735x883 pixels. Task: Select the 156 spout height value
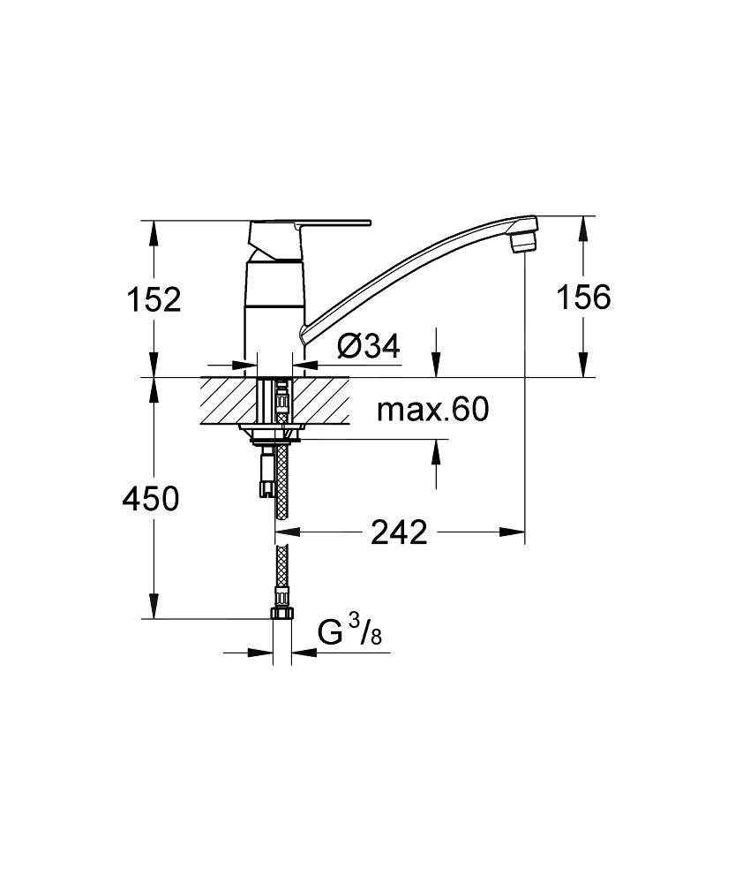coord(583,297)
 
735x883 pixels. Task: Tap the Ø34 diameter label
coord(369,346)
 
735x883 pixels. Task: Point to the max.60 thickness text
coord(432,410)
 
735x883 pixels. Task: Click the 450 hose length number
coord(151,498)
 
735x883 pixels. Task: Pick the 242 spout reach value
coord(399,532)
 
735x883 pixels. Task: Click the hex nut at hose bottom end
coord(282,612)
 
